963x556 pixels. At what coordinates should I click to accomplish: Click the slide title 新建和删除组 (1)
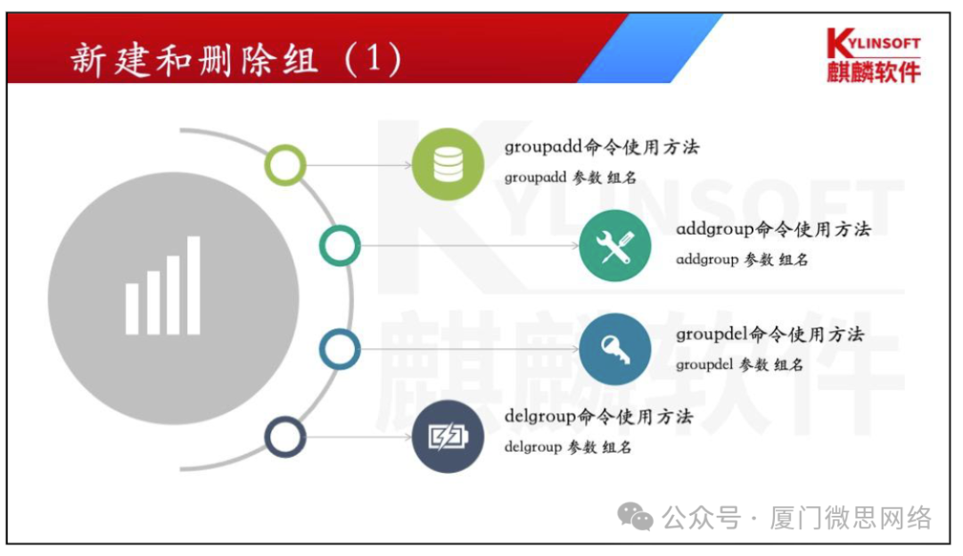(236, 60)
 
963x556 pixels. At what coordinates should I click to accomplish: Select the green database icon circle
(448, 163)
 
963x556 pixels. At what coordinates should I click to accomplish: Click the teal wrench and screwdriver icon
(614, 245)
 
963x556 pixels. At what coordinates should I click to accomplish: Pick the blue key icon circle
(614, 349)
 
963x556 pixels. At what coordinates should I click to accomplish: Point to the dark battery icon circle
(448, 436)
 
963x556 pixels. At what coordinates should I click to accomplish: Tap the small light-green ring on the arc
(285, 165)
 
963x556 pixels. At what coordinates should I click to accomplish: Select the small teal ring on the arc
(340, 245)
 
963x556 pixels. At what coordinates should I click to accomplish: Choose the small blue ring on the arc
(340, 349)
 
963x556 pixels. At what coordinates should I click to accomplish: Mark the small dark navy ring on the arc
(285, 437)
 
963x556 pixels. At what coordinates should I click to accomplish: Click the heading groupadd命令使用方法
(602, 147)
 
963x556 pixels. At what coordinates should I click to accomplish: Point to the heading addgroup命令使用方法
(773, 229)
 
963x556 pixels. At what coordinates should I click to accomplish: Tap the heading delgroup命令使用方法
(598, 417)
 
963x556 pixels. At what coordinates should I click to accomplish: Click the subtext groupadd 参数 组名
(571, 178)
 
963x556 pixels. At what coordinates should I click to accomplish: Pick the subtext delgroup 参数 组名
(568, 447)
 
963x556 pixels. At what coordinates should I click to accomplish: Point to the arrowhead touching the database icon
(407, 165)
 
